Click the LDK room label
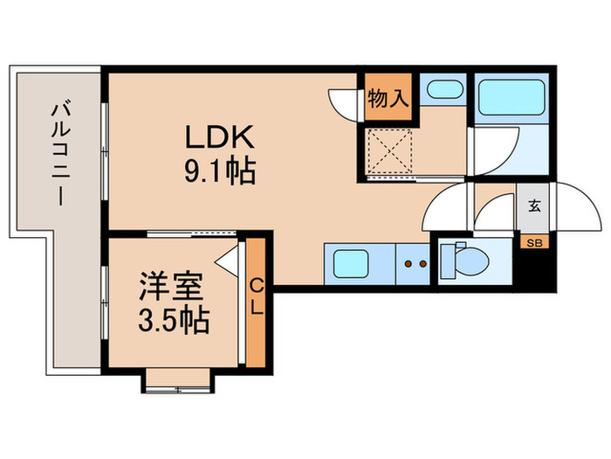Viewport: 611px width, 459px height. coord(218,138)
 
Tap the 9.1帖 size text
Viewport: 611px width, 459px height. coord(218,171)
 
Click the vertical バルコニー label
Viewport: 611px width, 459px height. coord(59,153)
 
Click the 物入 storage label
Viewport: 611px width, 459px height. coord(388,98)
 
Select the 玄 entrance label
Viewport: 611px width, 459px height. coord(532,207)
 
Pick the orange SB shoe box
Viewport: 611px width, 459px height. coord(532,242)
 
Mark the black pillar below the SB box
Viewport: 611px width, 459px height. coord(533,270)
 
